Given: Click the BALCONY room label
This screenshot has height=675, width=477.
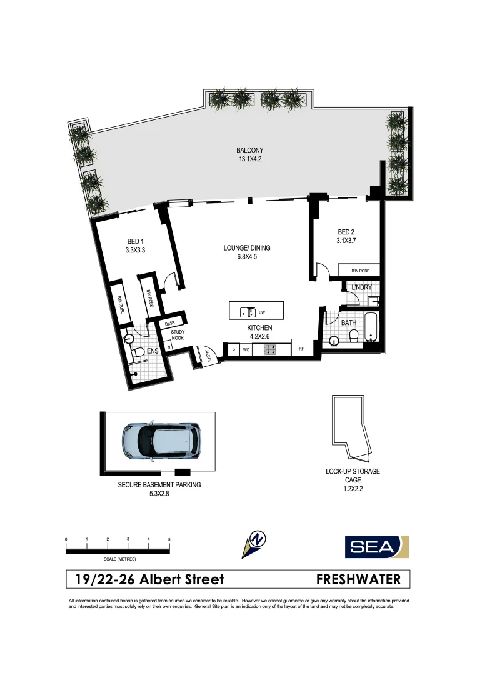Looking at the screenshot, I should [249, 150].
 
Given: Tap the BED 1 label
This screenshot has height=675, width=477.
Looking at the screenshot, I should [136, 242].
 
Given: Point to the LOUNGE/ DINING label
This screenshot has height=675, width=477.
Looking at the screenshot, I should [246, 248].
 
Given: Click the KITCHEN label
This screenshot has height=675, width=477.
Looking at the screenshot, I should [259, 327].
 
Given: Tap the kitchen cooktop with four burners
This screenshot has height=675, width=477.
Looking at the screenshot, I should [270, 350].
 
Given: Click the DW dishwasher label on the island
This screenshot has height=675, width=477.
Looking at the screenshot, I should [263, 311].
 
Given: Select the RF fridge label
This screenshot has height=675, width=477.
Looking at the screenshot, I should [301, 350].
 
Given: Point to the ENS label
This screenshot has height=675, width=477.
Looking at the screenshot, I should [152, 352].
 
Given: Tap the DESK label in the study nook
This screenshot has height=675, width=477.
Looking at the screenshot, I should [169, 323].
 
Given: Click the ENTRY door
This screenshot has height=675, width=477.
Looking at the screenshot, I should [205, 356].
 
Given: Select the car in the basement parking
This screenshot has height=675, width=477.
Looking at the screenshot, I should [161, 440].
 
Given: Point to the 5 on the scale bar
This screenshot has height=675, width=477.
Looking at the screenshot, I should [169, 539].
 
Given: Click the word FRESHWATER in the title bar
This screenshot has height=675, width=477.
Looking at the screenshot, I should [359, 579].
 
